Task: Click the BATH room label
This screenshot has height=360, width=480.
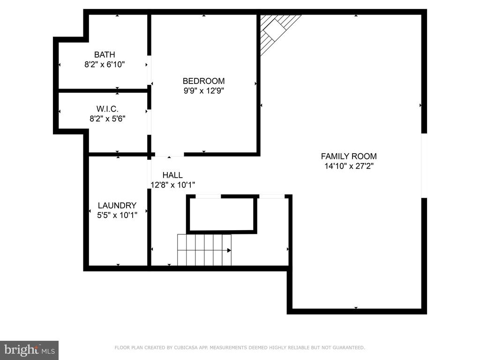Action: coord(105,55)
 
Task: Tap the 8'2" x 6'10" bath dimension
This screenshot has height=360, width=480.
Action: coord(105,65)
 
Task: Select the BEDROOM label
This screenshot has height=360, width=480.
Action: coord(203,81)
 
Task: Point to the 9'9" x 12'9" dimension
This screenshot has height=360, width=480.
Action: coord(203,91)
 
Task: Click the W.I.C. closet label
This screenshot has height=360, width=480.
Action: coord(107,109)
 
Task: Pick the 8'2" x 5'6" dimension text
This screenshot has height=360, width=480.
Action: coord(107,119)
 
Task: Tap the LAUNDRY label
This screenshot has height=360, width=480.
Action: coord(117,205)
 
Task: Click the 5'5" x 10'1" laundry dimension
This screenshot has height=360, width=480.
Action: coord(117,215)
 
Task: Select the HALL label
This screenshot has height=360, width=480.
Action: coord(172,175)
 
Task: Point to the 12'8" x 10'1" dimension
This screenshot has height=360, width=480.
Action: coord(172,185)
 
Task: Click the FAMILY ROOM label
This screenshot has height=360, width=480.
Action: coord(349,157)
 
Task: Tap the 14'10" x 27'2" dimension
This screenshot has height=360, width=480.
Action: coord(349,166)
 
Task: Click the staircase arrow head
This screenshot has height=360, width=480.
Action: coord(229,250)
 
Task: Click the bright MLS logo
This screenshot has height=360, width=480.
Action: coord(29,350)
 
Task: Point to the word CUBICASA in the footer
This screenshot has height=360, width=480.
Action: coord(185,348)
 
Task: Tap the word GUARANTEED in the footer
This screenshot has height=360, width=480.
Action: coord(348,348)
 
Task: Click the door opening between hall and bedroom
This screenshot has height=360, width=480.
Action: coord(169,154)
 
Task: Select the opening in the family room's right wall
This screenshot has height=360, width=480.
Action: coord(424,165)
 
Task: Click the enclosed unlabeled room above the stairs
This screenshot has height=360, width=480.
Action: coord(222,214)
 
